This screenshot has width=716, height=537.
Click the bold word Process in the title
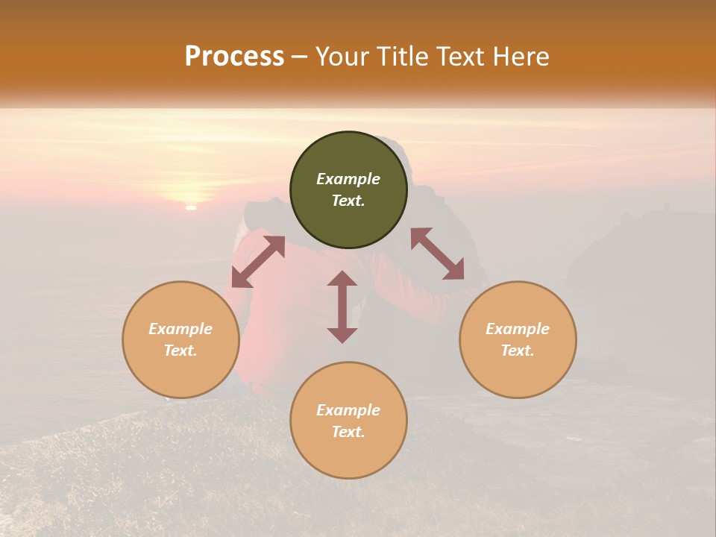(234, 57)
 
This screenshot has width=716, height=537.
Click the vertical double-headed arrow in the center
(342, 307)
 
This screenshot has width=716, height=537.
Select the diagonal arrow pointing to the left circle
(258, 261)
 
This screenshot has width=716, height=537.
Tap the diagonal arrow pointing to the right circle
(438, 254)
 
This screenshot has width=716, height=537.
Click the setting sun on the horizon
(191, 207)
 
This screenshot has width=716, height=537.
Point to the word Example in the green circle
(348, 179)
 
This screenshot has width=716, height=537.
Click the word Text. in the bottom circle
(348, 432)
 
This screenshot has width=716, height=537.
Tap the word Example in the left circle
(180, 329)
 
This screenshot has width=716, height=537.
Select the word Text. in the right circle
(518, 351)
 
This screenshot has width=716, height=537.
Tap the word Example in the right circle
(518, 329)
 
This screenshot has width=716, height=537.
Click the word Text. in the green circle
(348, 201)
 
